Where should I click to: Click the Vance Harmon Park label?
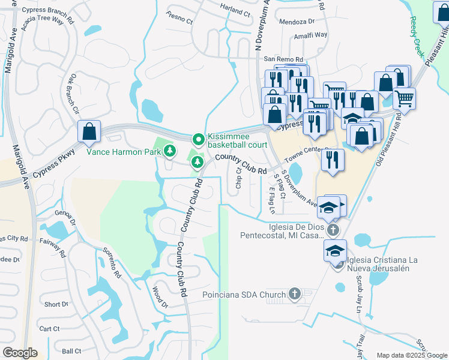pyautogui.click(x=124, y=152)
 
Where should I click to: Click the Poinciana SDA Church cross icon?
pyautogui.click(x=294, y=293)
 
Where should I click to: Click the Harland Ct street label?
pyautogui.click(x=235, y=12)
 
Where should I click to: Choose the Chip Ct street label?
pyautogui.click(x=238, y=178)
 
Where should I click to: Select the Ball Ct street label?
pyautogui.click(x=70, y=351)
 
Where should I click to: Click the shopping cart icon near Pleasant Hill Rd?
pyautogui.click(x=404, y=98)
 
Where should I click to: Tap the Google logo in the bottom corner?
pyautogui.click(x=20, y=353)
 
